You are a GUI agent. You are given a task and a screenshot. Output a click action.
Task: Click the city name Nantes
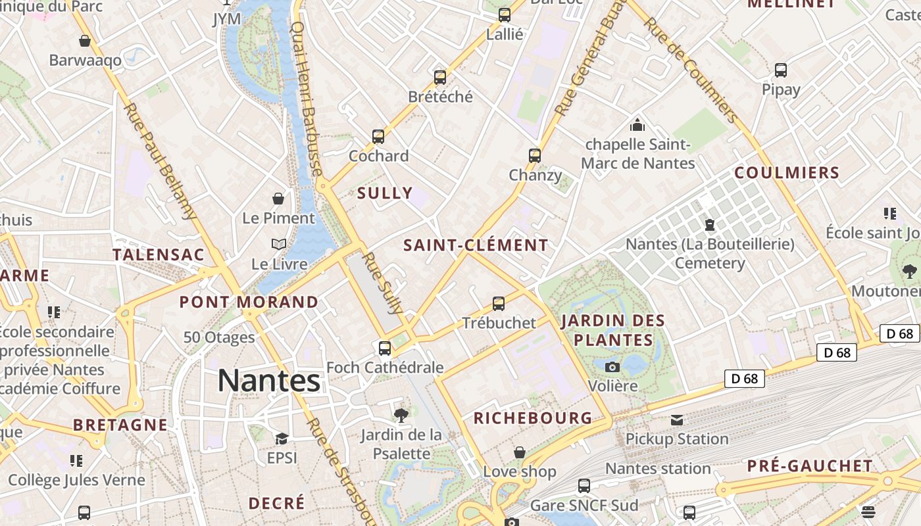tap(269, 381)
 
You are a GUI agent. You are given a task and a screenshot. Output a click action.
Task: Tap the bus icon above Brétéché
tap(440, 78)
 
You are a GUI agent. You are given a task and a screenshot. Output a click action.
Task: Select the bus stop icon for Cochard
tap(378, 137)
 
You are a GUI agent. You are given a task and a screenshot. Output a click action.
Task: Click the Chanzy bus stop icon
tap(535, 156)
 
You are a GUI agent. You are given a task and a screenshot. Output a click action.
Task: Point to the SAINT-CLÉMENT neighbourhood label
tap(476, 245)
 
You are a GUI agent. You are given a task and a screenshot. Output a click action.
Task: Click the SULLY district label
tap(385, 193)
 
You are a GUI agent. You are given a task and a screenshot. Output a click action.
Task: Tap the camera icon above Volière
tap(612, 367)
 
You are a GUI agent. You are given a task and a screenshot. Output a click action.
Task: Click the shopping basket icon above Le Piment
tap(279, 199)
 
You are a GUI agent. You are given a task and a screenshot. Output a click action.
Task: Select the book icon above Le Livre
tap(279, 245)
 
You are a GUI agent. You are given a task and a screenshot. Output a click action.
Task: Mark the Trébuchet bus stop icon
tap(499, 304)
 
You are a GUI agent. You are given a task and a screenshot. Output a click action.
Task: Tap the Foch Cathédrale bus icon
tap(385, 348)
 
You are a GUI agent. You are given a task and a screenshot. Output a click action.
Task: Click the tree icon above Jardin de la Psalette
tap(401, 415)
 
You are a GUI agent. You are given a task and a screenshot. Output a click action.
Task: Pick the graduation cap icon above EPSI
tap(282, 439)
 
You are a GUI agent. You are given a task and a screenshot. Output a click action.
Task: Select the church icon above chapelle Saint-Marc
tap(637, 125)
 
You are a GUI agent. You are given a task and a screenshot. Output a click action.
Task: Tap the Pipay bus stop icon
tap(781, 70)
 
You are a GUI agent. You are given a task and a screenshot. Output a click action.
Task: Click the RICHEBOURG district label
tap(533, 418)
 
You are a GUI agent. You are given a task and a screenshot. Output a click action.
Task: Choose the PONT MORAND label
tap(249, 302)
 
